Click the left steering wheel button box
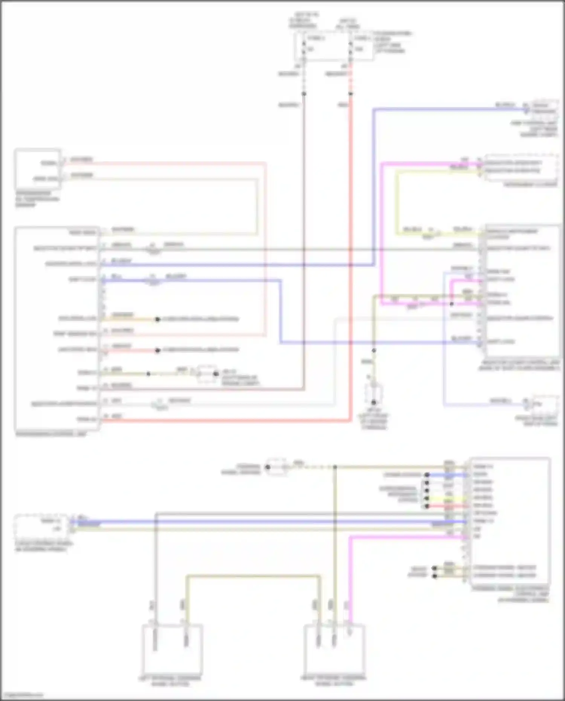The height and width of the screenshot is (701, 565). pos(172,649)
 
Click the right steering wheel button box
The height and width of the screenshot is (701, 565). pos(334,649)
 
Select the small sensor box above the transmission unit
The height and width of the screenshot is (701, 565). pos(38,169)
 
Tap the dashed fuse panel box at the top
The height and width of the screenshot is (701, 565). pos(334,46)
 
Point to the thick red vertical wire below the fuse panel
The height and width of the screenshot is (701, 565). pos(351,226)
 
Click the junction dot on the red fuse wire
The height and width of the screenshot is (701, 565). pos(351,93)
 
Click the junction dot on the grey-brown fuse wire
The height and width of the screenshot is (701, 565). pos(304,93)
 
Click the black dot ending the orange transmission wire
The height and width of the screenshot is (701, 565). pos(158,319)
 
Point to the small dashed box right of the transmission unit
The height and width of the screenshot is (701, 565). pos(206,374)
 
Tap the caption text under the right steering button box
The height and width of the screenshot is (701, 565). pos(334,680)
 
